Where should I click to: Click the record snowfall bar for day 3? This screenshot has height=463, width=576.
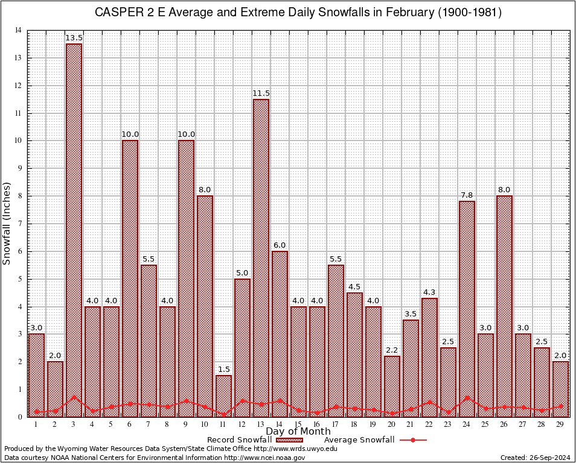click(74, 229)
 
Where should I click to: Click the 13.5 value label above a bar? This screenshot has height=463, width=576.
click(74, 38)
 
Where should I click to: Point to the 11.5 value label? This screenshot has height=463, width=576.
click(261, 93)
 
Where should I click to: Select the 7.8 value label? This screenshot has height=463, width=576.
click(467, 195)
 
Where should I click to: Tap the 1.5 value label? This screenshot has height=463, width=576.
click(223, 370)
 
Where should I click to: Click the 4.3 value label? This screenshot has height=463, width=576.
click(429, 292)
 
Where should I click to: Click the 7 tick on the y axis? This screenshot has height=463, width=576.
click(20, 224)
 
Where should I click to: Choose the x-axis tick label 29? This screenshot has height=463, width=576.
click(560, 424)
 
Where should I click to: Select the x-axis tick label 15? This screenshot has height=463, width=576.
click(298, 424)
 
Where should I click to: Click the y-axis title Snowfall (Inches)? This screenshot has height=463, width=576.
click(7, 223)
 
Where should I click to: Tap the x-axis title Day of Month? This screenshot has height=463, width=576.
click(298, 432)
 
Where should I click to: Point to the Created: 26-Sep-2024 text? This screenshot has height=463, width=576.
click(535, 458)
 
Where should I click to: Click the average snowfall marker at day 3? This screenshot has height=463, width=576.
click(74, 397)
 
